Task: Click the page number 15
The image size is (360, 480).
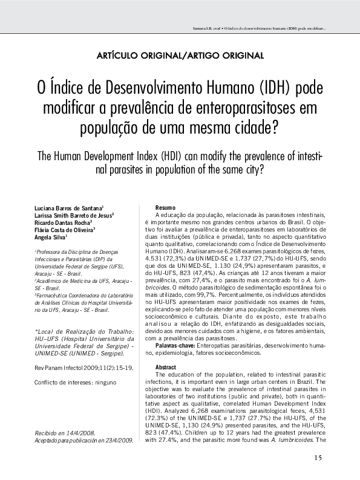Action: (x=318, y=457)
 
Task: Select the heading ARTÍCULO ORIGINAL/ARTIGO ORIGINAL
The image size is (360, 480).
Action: (x=180, y=56)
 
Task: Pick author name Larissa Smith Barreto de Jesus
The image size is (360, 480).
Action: (x=74, y=215)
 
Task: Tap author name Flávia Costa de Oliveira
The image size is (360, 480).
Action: (x=65, y=230)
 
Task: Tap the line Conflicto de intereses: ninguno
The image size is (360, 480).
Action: (x=74, y=383)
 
